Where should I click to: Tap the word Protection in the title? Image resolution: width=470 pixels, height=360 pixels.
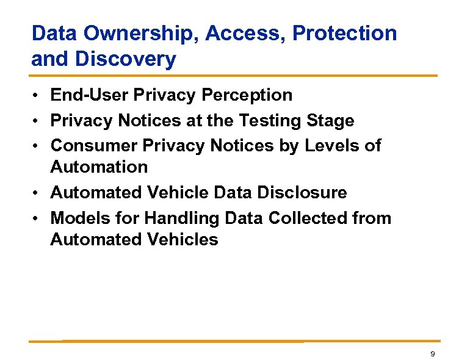[x=345, y=34]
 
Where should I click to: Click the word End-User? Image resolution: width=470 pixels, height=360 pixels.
[x=89, y=95]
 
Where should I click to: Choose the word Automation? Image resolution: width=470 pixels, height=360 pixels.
[x=99, y=167]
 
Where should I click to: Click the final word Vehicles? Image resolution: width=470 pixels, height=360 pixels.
[x=184, y=239]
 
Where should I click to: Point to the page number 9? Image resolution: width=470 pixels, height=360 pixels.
[x=432, y=355]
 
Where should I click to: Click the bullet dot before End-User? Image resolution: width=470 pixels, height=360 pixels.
[x=38, y=96]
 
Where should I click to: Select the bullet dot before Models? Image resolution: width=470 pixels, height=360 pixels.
[x=38, y=218]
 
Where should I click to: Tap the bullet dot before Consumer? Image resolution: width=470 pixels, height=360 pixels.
[x=38, y=146]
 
